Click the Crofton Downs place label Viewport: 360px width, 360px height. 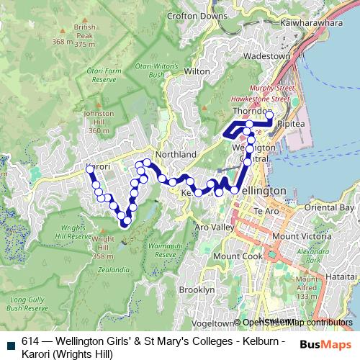tap(197, 15)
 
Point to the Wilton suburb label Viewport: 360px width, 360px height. tap(197, 72)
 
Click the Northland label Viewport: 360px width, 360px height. tap(176, 155)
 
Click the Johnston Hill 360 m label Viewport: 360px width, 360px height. tap(99, 122)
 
